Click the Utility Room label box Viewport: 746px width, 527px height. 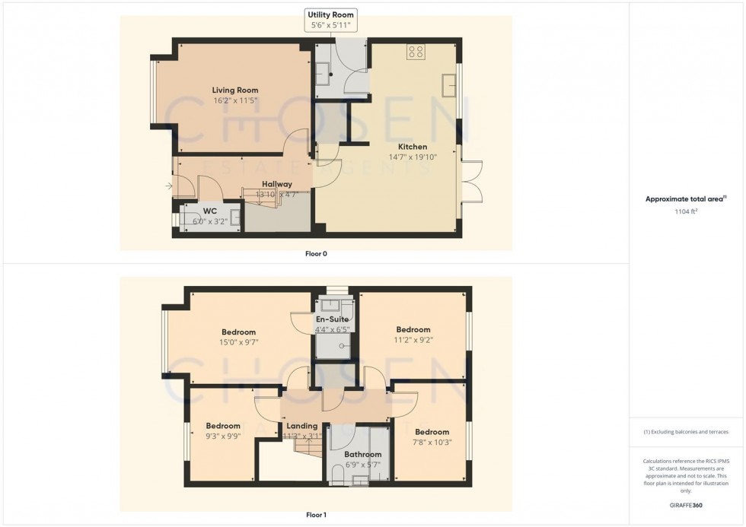coord(330,21)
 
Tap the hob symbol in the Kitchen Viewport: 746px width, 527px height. coord(416,52)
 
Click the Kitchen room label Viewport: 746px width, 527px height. coord(412,147)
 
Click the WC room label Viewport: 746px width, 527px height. coord(210,211)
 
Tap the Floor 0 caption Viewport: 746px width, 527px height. coord(315,253)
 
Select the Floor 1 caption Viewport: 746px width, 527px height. coord(315,515)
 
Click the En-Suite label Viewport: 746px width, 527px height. coord(332,319)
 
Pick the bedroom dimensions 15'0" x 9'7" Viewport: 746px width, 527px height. coord(238,342)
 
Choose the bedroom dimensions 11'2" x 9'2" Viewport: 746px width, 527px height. coord(413,340)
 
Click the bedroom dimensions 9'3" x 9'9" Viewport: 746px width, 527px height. coord(223,437)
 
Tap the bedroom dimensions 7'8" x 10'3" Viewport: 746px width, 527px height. coord(432,442)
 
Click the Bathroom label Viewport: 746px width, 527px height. coord(362,455)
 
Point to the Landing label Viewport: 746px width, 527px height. coord(302,426)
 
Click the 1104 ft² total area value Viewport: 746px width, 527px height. coord(687,212)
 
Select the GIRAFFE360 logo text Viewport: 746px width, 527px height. coord(687,504)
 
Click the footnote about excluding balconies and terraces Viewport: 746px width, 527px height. coord(687,432)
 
